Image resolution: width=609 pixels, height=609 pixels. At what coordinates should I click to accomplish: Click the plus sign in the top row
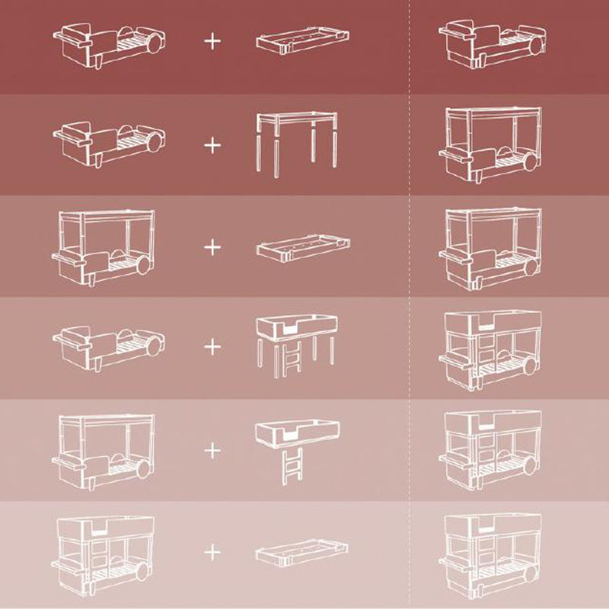[212, 40]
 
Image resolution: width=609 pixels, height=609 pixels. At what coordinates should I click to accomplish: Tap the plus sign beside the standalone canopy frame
[212, 142]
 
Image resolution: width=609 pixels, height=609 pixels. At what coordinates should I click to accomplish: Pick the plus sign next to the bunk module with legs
[212, 347]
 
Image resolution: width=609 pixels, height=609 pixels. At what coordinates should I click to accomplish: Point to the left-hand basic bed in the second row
[106, 141]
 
